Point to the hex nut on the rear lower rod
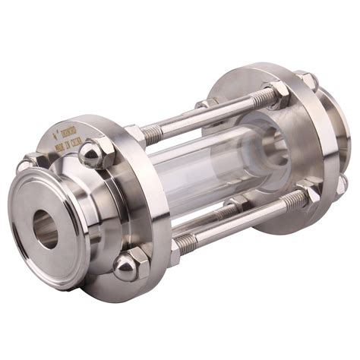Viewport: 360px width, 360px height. [x=237, y=204]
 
